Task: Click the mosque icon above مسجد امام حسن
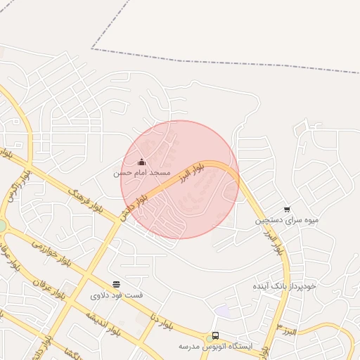click(141, 162)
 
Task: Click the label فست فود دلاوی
click(116, 295)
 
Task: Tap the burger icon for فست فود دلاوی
click(116, 285)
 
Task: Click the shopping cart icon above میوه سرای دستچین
click(287, 210)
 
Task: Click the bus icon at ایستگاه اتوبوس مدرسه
click(215, 336)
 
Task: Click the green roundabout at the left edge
click(2, 226)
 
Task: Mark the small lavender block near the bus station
click(222, 310)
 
